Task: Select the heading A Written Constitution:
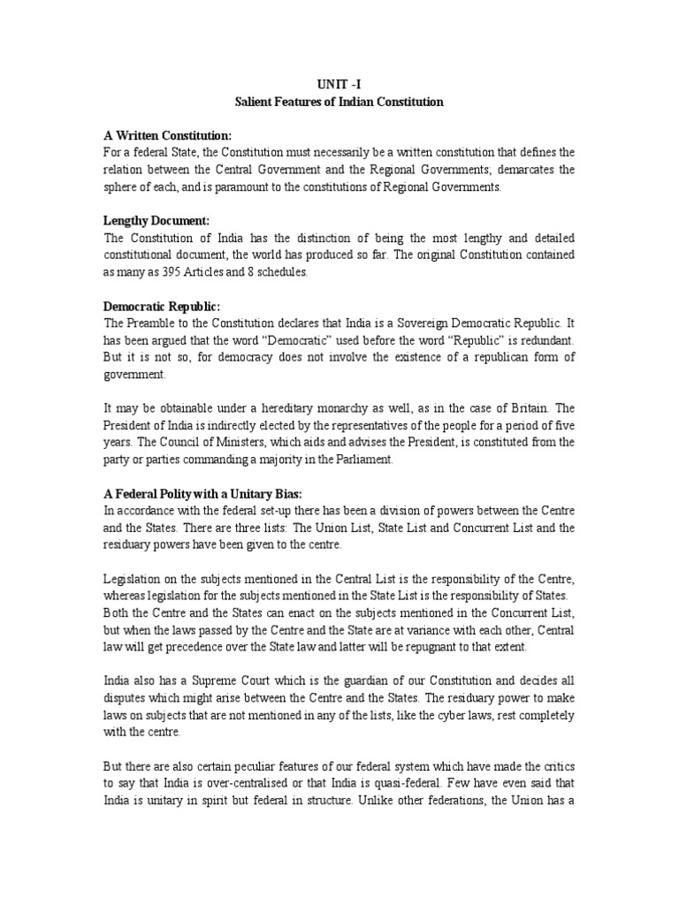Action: click(x=167, y=135)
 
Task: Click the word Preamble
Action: click(x=152, y=323)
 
